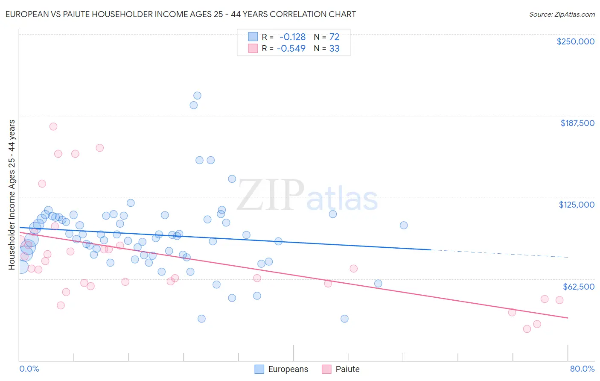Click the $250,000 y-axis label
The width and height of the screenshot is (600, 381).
[575, 41]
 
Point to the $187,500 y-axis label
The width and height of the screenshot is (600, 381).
[577, 123]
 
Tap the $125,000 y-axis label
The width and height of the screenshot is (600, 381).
[577, 205]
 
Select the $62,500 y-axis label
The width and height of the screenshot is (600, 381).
[578, 287]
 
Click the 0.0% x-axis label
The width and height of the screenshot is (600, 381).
[29, 369]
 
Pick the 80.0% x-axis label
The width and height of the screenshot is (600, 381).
[582, 369]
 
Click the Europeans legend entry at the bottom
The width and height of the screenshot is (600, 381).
[281, 369]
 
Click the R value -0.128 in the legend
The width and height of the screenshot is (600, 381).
[292, 37]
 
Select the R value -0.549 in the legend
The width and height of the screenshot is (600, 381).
[291, 48]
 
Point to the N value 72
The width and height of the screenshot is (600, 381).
[334, 37]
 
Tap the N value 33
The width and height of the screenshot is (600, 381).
[334, 48]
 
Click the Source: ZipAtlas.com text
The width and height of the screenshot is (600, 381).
[562, 14]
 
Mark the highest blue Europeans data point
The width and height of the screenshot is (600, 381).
[197, 96]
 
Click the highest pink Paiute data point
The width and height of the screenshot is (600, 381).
[53, 126]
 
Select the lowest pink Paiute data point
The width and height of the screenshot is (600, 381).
[527, 329]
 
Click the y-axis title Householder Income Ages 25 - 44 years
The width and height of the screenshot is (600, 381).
[12, 195]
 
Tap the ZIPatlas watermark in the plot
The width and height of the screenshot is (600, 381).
[307, 196]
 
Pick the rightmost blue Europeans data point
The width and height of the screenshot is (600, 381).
[404, 225]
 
